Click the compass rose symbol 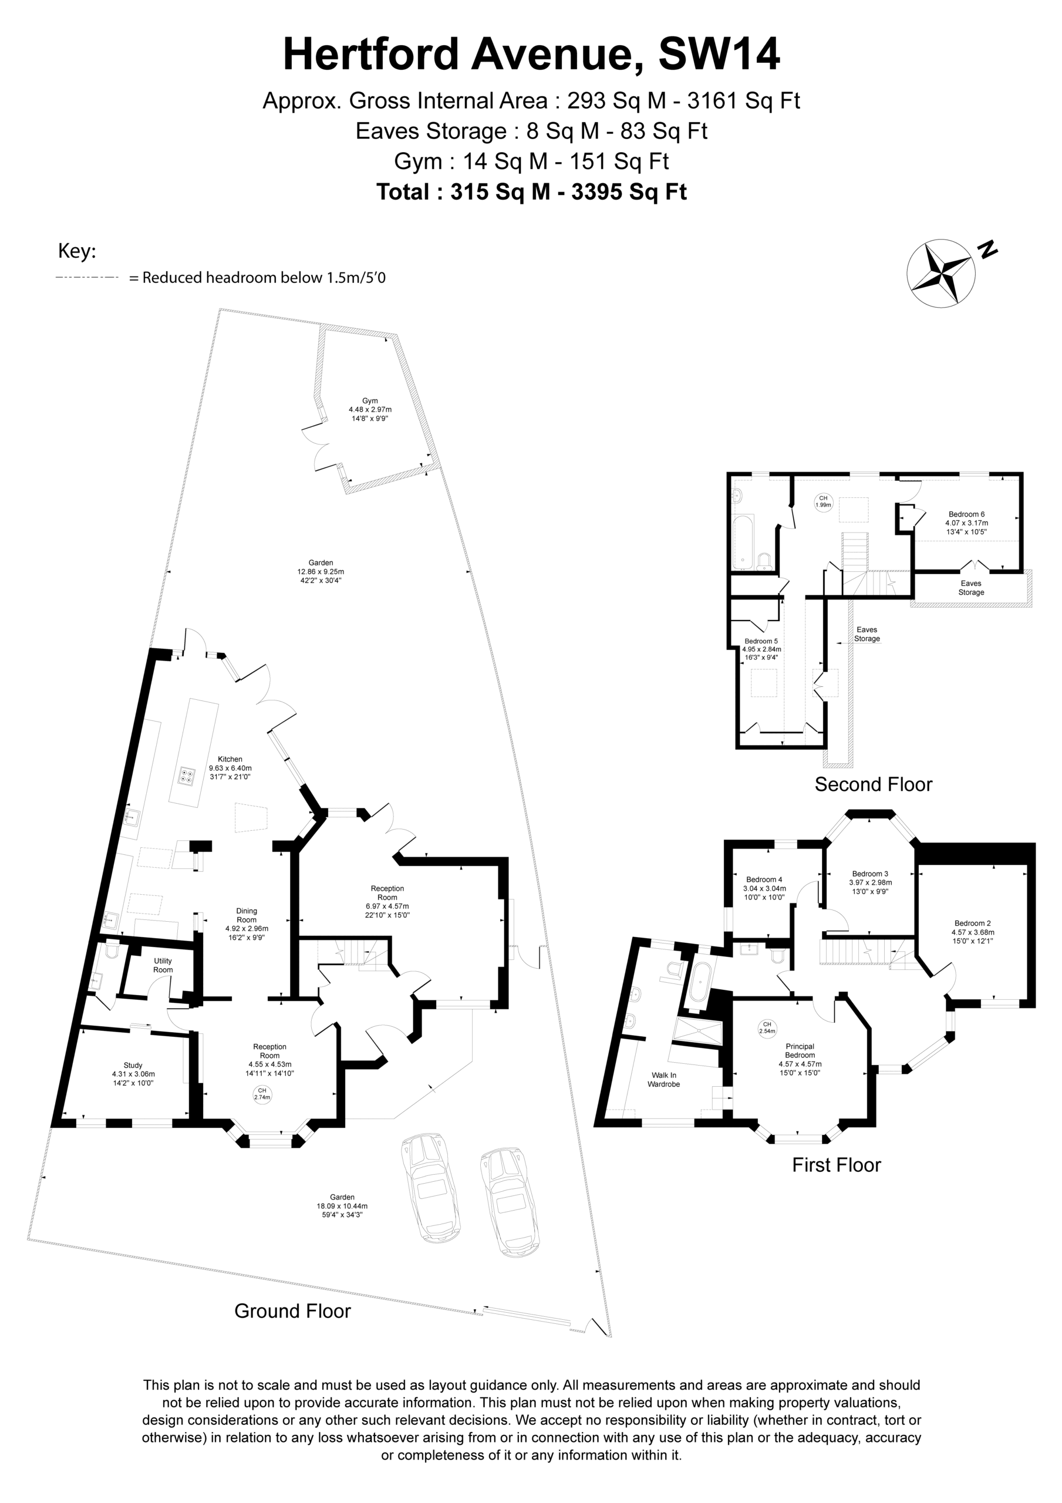[941, 273]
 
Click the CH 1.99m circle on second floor [823, 502]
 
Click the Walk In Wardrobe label [664, 1080]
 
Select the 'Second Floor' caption [874, 784]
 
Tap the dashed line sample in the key [87, 278]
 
